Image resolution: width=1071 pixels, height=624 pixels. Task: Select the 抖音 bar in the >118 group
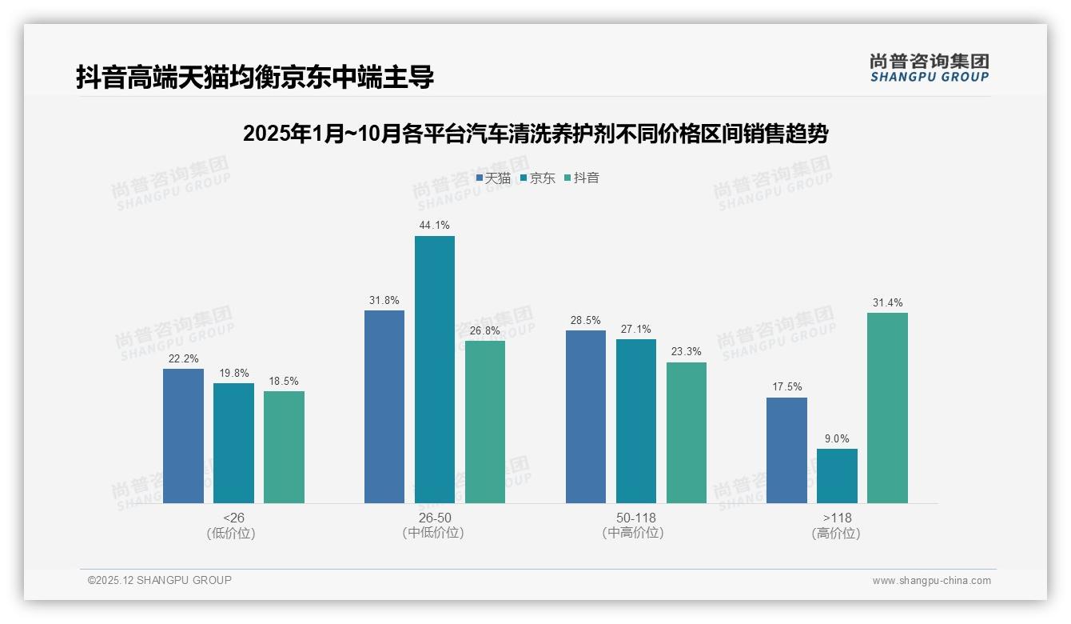[x=887, y=408]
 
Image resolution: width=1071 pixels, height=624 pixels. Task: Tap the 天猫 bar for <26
[x=183, y=436]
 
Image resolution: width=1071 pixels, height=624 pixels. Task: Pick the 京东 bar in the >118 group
[x=837, y=476]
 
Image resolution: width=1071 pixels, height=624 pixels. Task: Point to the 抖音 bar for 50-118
[x=687, y=433]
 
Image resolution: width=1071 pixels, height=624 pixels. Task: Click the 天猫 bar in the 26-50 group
[x=384, y=407]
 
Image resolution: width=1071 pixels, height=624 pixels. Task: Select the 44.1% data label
[x=434, y=226]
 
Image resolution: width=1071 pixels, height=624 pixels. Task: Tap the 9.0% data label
[x=837, y=438]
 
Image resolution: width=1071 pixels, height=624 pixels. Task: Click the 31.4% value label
[x=887, y=302]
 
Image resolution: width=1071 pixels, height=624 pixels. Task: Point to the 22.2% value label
[x=183, y=358]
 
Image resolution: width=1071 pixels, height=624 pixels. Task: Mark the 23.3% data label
[x=687, y=352]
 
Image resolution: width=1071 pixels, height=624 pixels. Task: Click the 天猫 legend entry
[x=493, y=178]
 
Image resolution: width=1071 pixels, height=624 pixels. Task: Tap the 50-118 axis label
[x=636, y=518]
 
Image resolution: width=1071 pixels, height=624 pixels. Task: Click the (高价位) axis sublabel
[x=836, y=533]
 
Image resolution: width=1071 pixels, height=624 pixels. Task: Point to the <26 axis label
[x=233, y=518]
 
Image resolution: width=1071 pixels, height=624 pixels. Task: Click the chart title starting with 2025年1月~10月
[x=535, y=134]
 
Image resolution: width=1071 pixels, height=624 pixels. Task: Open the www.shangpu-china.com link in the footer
[x=931, y=581]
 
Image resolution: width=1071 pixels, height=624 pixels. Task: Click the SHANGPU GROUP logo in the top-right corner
[x=929, y=68]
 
